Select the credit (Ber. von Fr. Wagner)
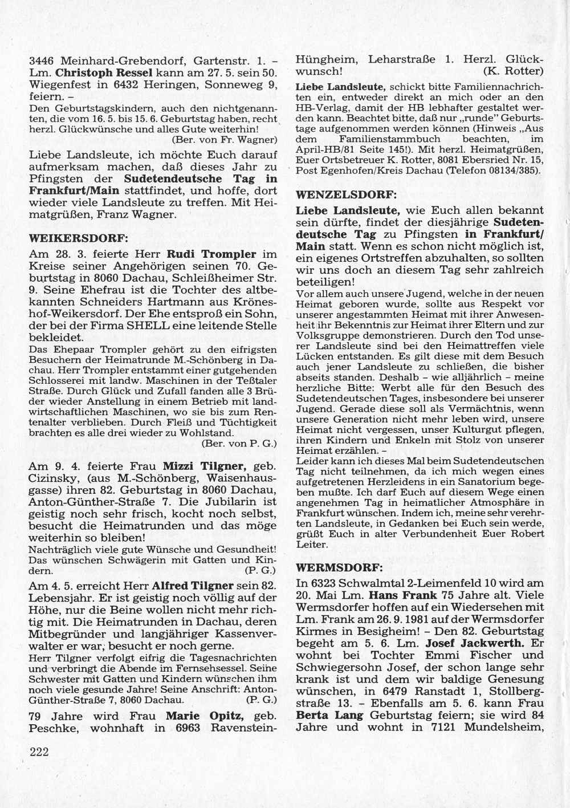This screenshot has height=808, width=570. point(225,139)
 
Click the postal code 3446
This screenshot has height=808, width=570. point(42,60)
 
